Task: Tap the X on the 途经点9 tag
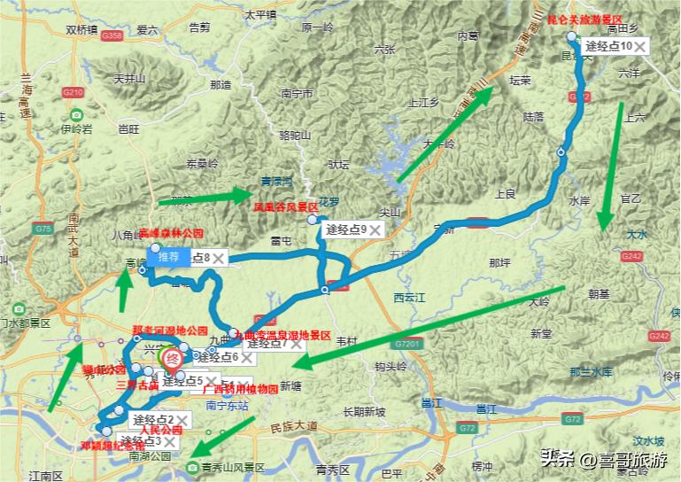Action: (x=375, y=230)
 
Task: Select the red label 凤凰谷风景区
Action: (x=286, y=206)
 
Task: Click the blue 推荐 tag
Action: (x=168, y=257)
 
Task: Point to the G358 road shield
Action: (x=112, y=35)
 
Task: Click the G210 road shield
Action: (x=73, y=92)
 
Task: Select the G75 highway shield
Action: (x=42, y=229)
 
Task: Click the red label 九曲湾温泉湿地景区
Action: (x=282, y=337)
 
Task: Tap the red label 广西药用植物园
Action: (x=241, y=389)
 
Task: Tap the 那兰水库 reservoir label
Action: (x=591, y=371)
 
